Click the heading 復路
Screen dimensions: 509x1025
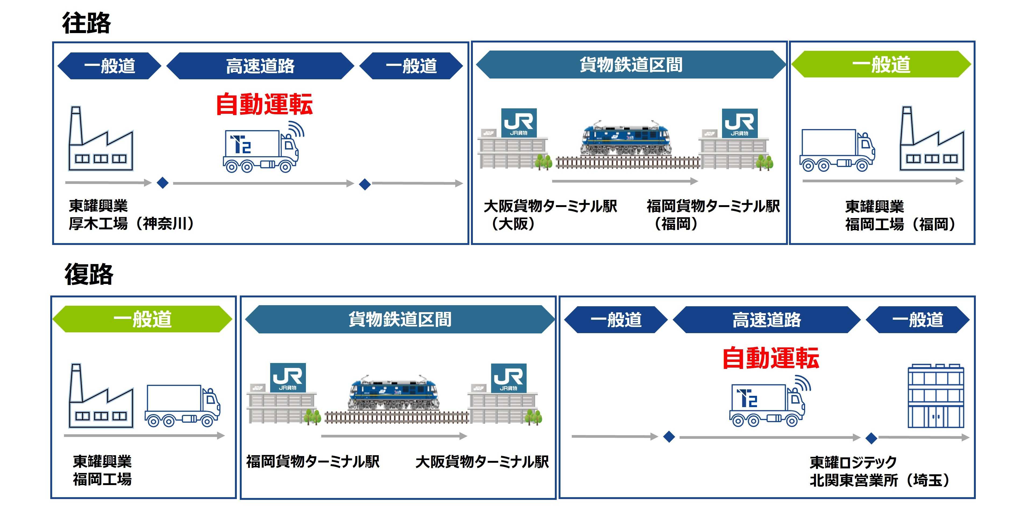pos(89,274)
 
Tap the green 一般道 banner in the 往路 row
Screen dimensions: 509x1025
pos(881,65)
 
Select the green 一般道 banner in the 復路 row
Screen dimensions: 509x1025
pos(142,319)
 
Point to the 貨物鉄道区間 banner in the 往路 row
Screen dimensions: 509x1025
pos(631,65)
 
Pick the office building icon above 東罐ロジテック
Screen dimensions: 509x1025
pos(935,396)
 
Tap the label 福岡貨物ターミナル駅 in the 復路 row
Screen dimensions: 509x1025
pos(313,462)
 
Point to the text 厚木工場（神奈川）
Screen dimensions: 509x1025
pos(131,224)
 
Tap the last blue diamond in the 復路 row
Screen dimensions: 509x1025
pos(872,438)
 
